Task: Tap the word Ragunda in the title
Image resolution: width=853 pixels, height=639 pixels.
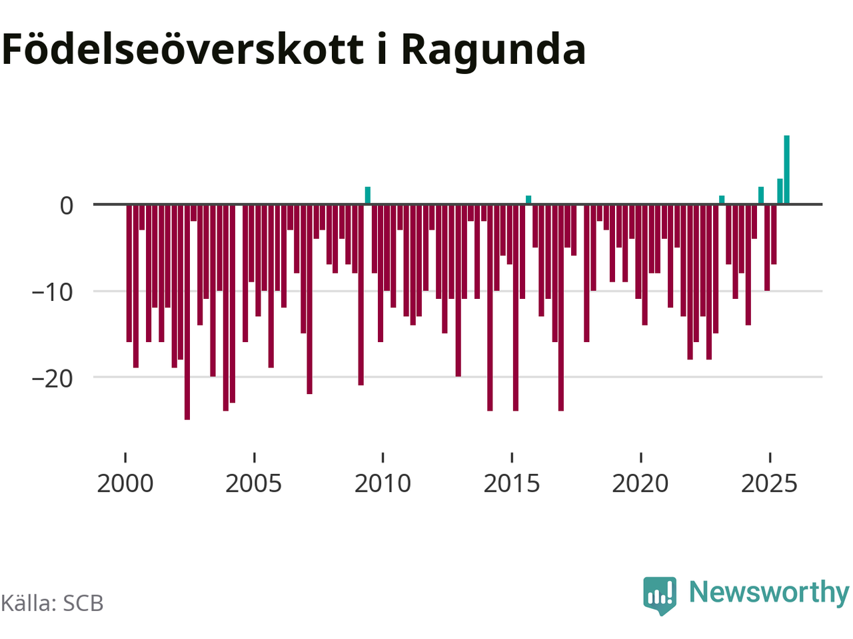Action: click(493, 50)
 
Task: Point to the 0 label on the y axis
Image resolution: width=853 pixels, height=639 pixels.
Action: click(67, 206)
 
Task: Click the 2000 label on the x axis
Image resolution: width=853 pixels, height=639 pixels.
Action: click(125, 483)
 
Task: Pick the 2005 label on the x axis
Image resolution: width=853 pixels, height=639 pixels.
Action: click(254, 483)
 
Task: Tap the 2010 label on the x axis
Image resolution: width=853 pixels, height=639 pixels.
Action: click(383, 483)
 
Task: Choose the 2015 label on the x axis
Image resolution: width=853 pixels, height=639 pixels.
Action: click(512, 483)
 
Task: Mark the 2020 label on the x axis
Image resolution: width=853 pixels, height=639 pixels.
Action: click(640, 483)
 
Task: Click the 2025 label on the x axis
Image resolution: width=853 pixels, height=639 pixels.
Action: click(769, 483)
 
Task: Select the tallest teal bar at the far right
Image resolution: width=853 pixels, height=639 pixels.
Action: click(786, 170)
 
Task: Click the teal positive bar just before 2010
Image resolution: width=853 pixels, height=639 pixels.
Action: click(368, 196)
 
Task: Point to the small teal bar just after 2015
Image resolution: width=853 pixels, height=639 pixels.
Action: click(528, 200)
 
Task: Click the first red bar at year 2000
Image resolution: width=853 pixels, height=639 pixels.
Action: click(129, 273)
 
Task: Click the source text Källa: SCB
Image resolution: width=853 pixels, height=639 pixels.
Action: click(52, 603)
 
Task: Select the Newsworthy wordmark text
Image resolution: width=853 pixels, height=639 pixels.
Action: click(769, 592)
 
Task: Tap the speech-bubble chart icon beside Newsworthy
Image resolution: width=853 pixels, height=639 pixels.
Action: click(659, 594)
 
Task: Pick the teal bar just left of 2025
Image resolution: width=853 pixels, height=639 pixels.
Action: click(761, 196)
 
